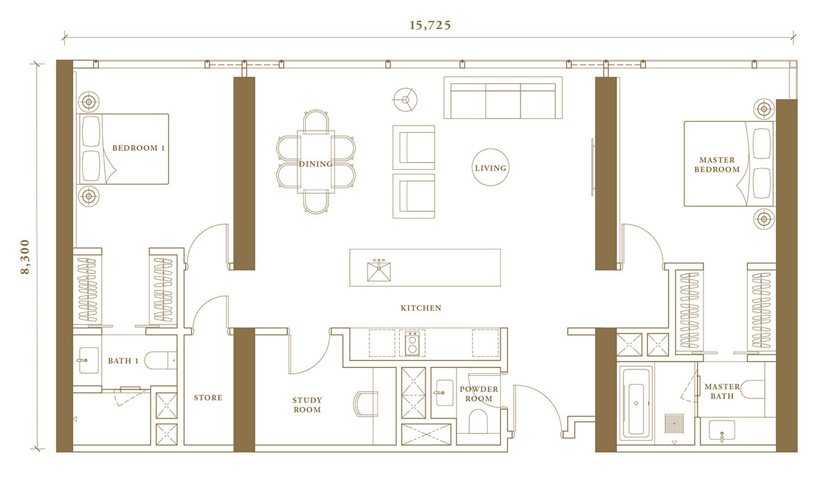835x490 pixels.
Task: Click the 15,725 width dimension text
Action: (x=430, y=25)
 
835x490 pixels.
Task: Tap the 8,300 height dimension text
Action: (x=25, y=257)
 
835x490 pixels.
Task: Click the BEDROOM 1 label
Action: (x=138, y=148)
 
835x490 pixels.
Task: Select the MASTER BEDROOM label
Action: (x=717, y=165)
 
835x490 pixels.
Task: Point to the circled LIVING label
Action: (x=490, y=168)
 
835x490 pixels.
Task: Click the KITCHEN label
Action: (x=421, y=308)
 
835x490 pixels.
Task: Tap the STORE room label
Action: (x=208, y=398)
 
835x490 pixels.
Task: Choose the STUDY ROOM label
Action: (x=307, y=405)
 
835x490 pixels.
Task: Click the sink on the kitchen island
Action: (x=379, y=271)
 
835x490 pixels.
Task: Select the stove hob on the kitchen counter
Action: (x=412, y=343)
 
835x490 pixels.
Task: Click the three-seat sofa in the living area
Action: (x=503, y=98)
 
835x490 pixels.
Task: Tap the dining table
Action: (x=316, y=162)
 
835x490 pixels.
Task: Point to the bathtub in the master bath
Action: (x=636, y=403)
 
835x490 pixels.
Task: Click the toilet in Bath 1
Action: (x=160, y=361)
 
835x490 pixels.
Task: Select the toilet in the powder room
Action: (x=478, y=421)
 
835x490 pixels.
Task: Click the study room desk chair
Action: (x=365, y=404)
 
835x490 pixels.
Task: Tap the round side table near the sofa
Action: (x=405, y=100)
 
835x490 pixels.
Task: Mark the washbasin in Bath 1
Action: (x=88, y=361)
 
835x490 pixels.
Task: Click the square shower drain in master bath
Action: (x=674, y=423)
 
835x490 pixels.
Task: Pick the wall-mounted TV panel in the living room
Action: (x=592, y=167)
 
